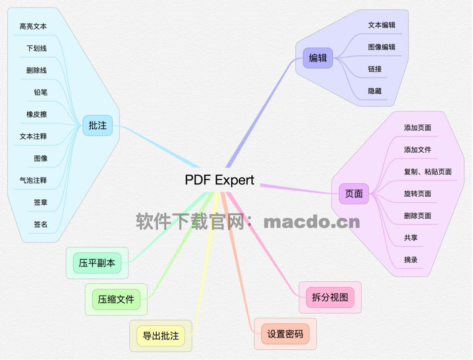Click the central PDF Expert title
tap(219, 179)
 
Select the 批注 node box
tap(98, 125)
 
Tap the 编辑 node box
tap(318, 58)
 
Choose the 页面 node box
tap(354, 194)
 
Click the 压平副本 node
tap(97, 263)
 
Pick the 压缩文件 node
tap(116, 299)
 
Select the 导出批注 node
tap(161, 336)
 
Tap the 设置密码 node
tap(285, 334)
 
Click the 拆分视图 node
tap(330, 297)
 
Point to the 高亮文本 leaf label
tap(33, 26)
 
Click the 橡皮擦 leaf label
tap(37, 114)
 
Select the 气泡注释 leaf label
tap(33, 180)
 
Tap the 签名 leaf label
tap(40, 224)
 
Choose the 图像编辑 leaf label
tap(381, 47)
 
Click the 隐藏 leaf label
tap(375, 91)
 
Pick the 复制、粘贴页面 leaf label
tap(428, 171)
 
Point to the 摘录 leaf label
tap(411, 260)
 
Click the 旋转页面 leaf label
tap(417, 194)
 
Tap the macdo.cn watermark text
tap(312, 222)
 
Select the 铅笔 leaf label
tap(40, 92)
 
